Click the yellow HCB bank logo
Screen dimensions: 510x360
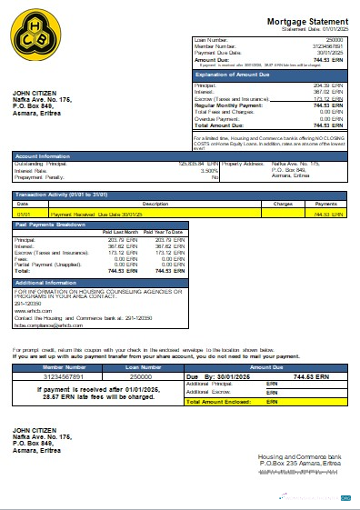[35, 35]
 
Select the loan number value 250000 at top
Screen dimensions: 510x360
[334, 41]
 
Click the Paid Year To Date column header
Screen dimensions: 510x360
[164, 232]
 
